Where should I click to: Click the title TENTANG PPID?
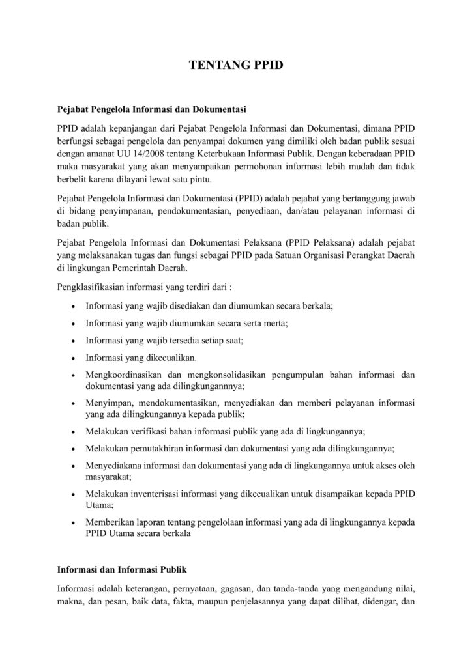pos(236,65)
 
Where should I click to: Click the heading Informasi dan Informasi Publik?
pos(123,569)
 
